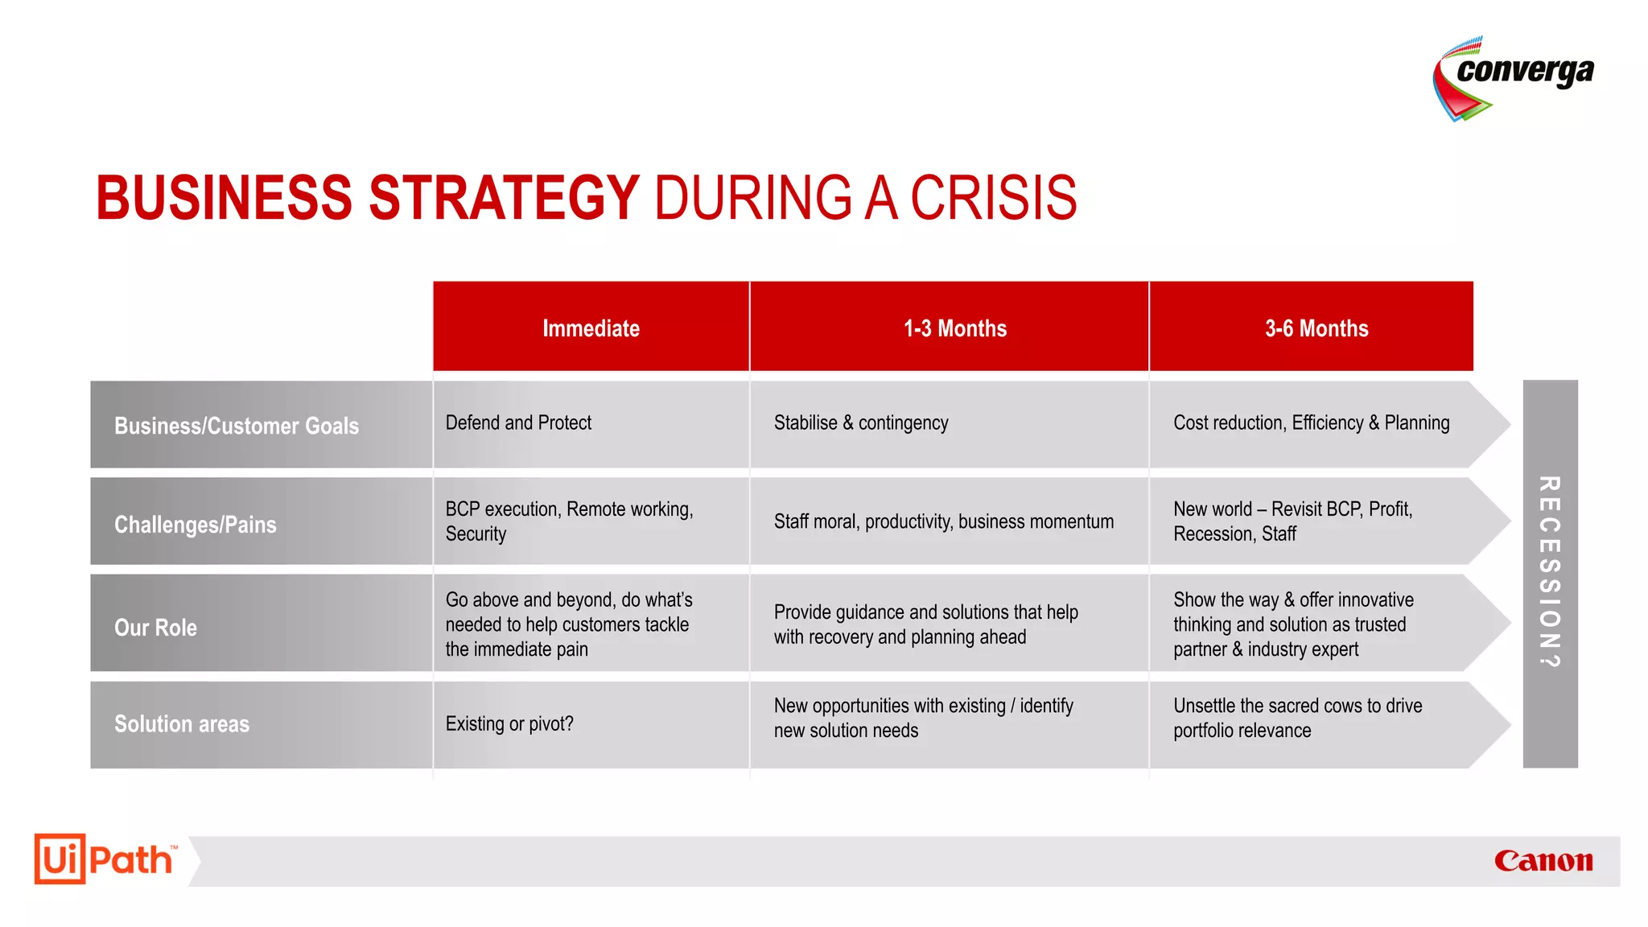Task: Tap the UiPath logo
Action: pos(105,859)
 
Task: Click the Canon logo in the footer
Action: pos(1543,860)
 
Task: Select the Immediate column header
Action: pos(591,328)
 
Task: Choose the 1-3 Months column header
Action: pos(954,328)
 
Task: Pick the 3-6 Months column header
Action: pos(1316,328)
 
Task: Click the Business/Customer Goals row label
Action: pos(237,426)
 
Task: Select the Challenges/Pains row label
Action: pos(196,525)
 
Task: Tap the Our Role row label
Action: pos(156,627)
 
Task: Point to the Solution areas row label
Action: pos(182,723)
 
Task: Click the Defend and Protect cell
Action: pos(519,422)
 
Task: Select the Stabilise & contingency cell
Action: pos(861,422)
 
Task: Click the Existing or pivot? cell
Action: pos(509,723)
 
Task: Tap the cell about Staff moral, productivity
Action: pos(944,521)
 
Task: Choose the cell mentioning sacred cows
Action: pos(1297,717)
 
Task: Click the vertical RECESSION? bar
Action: pos(1550,573)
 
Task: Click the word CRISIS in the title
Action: pos(993,198)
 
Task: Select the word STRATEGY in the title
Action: pos(504,198)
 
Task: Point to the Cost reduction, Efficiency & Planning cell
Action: pos(1311,422)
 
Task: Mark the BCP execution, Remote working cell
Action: pos(569,521)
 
